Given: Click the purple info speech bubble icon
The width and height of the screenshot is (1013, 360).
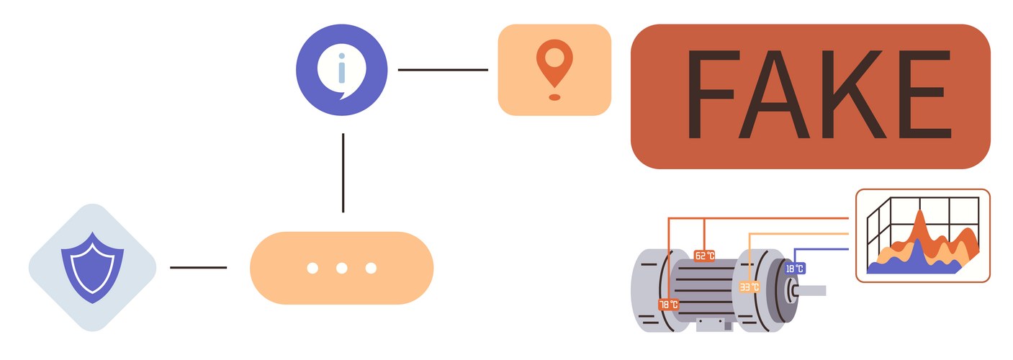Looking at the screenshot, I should (x=341, y=70).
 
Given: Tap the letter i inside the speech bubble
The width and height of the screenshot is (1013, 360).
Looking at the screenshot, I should (x=342, y=68).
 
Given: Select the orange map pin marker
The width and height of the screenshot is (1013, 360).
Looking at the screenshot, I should (x=554, y=63).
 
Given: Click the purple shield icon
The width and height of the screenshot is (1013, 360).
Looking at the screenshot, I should (x=92, y=267).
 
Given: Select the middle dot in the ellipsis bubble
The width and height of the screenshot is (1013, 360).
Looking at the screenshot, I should (x=341, y=269).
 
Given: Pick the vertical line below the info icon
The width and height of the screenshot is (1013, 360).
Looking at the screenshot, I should (x=343, y=173).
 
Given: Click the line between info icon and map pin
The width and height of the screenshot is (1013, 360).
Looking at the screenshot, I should (x=442, y=70).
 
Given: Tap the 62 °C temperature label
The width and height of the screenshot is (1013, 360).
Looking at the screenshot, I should (x=704, y=256).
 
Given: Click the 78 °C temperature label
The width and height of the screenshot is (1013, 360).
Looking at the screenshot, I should (x=669, y=305).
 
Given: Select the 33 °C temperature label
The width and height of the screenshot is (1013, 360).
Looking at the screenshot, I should (x=749, y=287).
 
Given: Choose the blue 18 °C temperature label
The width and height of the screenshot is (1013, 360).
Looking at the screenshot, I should (x=794, y=269).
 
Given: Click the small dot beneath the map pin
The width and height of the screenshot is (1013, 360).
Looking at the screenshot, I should (x=554, y=96).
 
